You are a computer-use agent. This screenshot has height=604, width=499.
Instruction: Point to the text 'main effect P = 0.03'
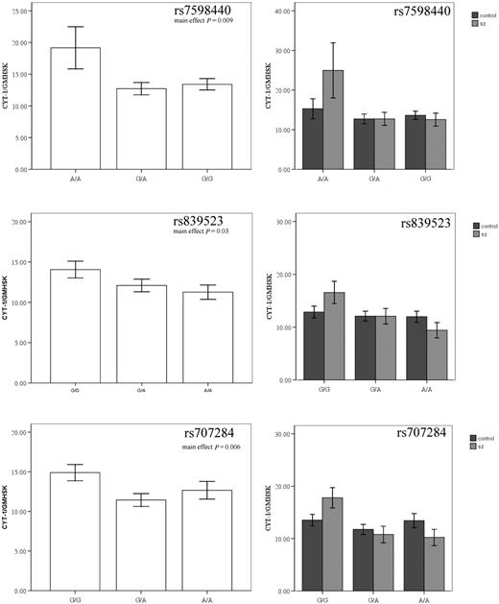(x=194, y=230)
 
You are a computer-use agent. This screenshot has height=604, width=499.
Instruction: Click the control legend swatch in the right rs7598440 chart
(x=475, y=16)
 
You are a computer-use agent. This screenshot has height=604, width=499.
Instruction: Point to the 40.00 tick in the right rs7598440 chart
(x=280, y=12)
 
